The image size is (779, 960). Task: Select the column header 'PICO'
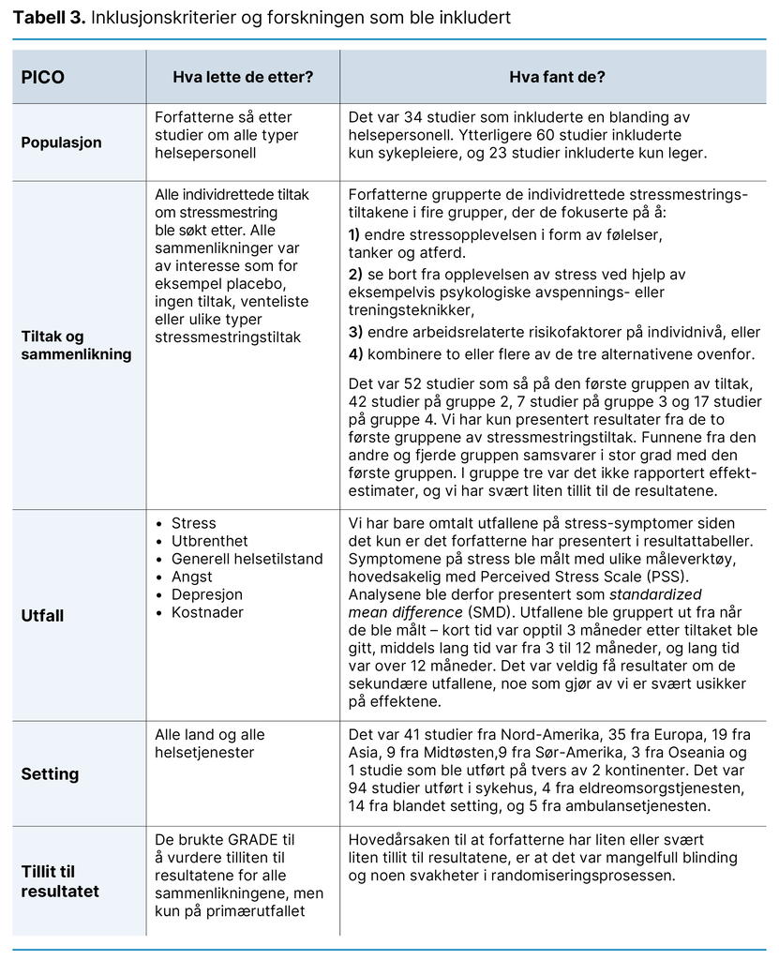tap(43, 77)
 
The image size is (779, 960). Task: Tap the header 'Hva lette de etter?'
tap(243, 77)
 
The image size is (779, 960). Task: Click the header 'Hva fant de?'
tap(557, 77)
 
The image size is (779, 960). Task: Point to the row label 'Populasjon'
tap(62, 143)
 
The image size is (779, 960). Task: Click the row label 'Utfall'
tap(44, 616)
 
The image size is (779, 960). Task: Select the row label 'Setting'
tap(50, 774)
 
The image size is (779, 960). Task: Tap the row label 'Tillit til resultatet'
tap(61, 882)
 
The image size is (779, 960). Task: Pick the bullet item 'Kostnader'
tap(207, 612)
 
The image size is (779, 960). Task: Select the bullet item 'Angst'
tap(192, 577)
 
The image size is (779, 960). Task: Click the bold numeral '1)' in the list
tap(354, 235)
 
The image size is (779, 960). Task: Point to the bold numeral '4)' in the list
tap(354, 354)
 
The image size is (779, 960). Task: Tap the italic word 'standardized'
tap(655, 594)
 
